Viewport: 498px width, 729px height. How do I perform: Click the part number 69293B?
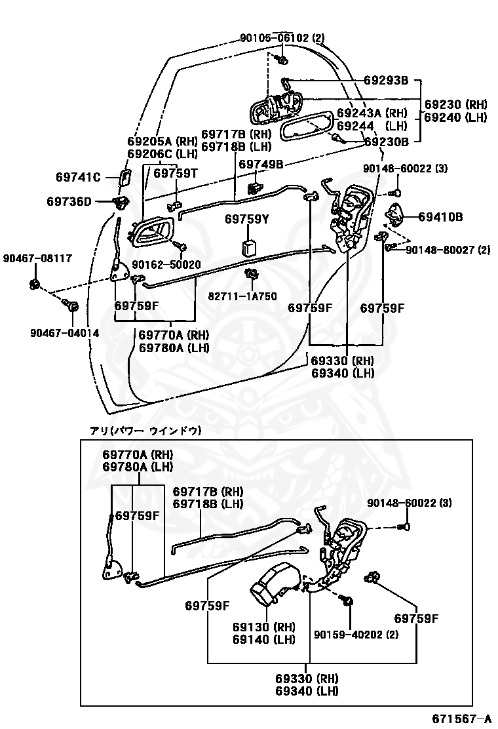(x=386, y=81)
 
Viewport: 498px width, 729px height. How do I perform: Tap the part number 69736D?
(x=69, y=201)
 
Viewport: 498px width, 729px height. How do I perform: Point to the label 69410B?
(x=440, y=216)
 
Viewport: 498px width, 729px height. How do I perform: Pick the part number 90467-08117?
(x=37, y=258)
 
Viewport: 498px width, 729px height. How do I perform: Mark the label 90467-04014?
(x=64, y=333)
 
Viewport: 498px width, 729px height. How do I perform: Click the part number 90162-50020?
(x=166, y=264)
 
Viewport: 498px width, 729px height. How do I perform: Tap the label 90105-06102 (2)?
(x=281, y=38)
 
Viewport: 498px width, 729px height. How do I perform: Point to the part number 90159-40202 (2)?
(x=356, y=634)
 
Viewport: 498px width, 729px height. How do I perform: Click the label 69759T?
(x=176, y=173)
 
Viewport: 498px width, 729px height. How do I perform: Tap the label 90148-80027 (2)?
(x=448, y=250)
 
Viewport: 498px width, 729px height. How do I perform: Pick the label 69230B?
(x=387, y=141)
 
